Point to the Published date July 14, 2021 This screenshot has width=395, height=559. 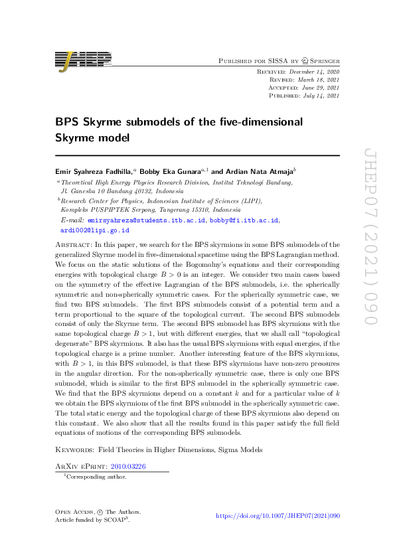[319, 95]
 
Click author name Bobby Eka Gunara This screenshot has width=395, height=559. [176, 171]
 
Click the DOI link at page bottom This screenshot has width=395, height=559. [278, 515]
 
